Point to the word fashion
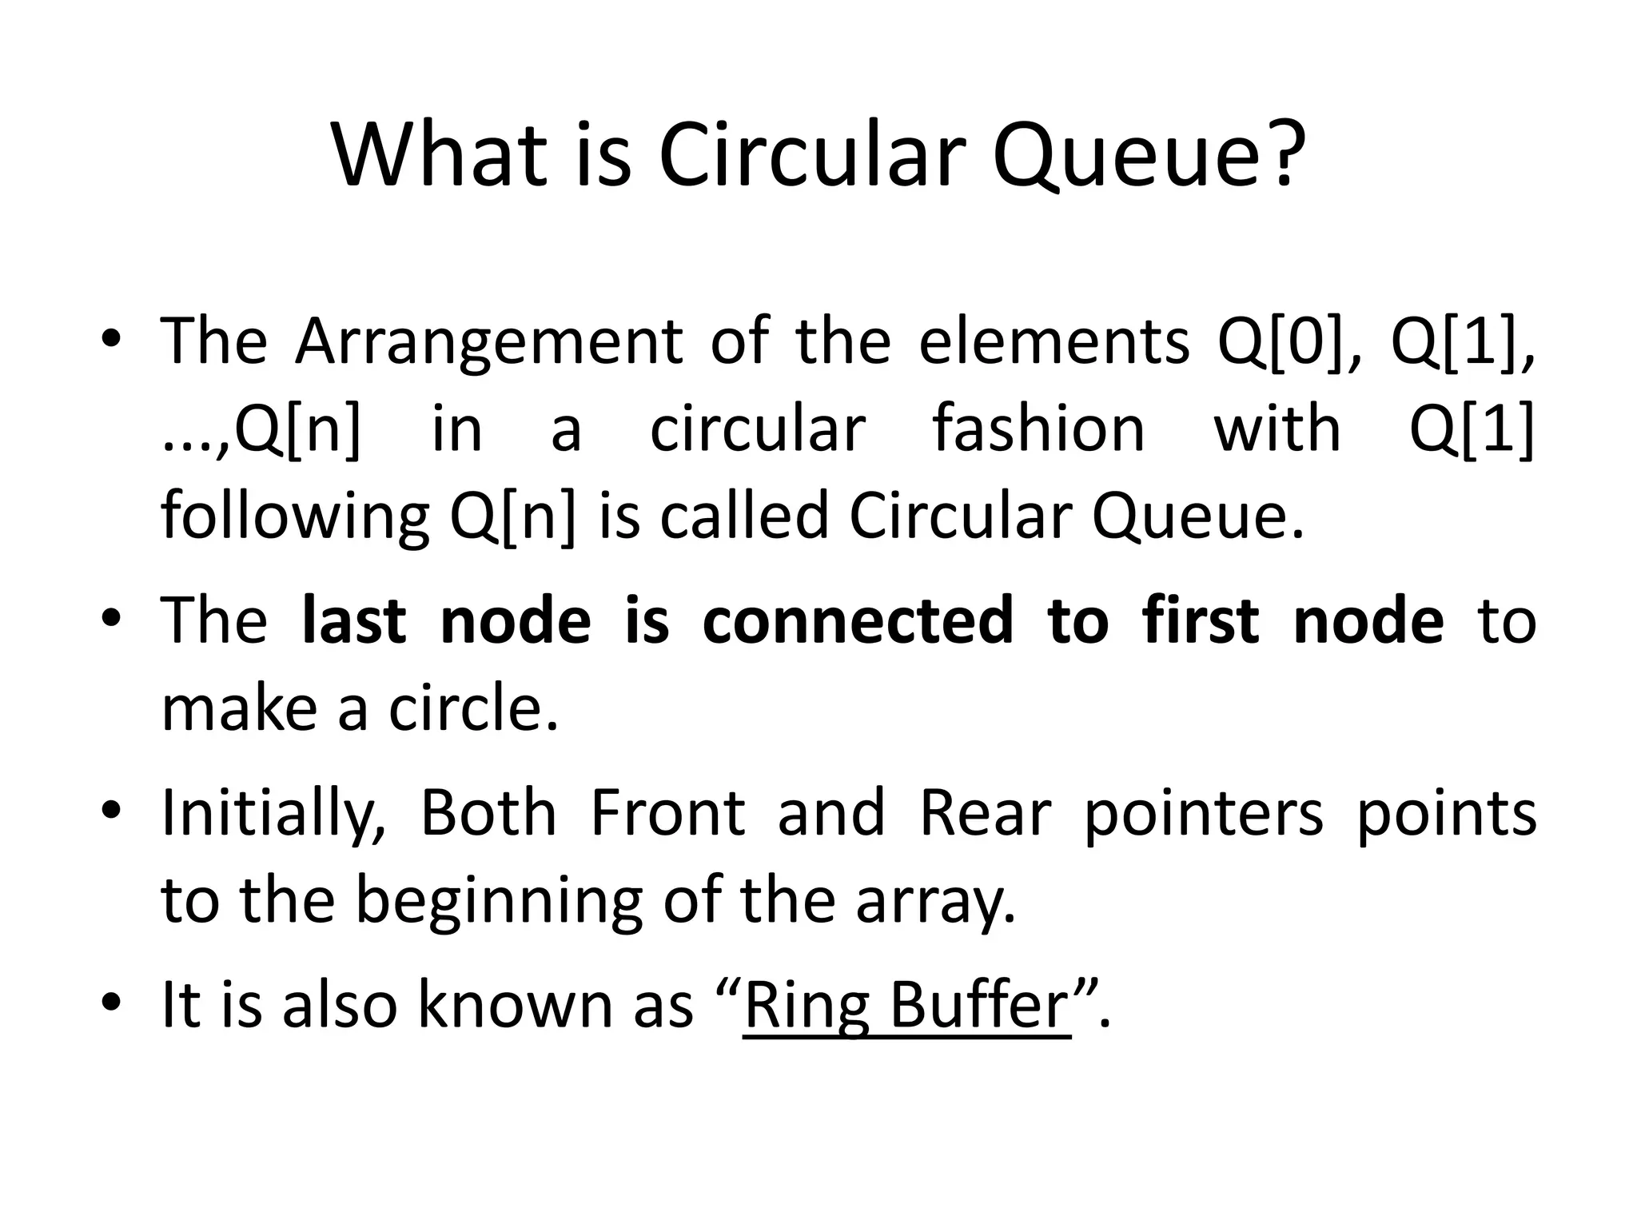coord(1038,429)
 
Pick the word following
coord(295,517)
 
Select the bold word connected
coord(858,621)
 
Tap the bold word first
coord(1201,621)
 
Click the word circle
coord(472,709)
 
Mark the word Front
coord(667,813)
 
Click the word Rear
coord(986,813)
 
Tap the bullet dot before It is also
coord(111,1003)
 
